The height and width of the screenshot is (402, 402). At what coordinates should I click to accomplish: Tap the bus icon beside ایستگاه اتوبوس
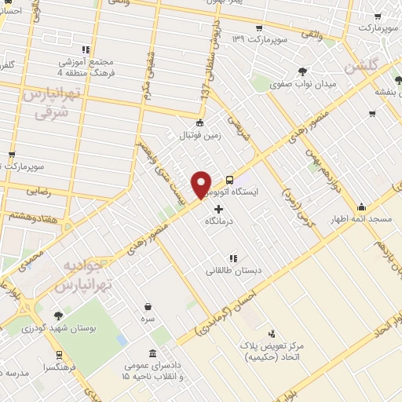[x=229, y=178]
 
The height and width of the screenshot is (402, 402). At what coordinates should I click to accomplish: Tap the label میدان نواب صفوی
[x=303, y=83]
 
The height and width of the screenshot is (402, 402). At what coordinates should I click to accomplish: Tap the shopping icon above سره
[x=148, y=306]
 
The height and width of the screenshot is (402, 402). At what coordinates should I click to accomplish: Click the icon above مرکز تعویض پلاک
[x=272, y=334]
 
